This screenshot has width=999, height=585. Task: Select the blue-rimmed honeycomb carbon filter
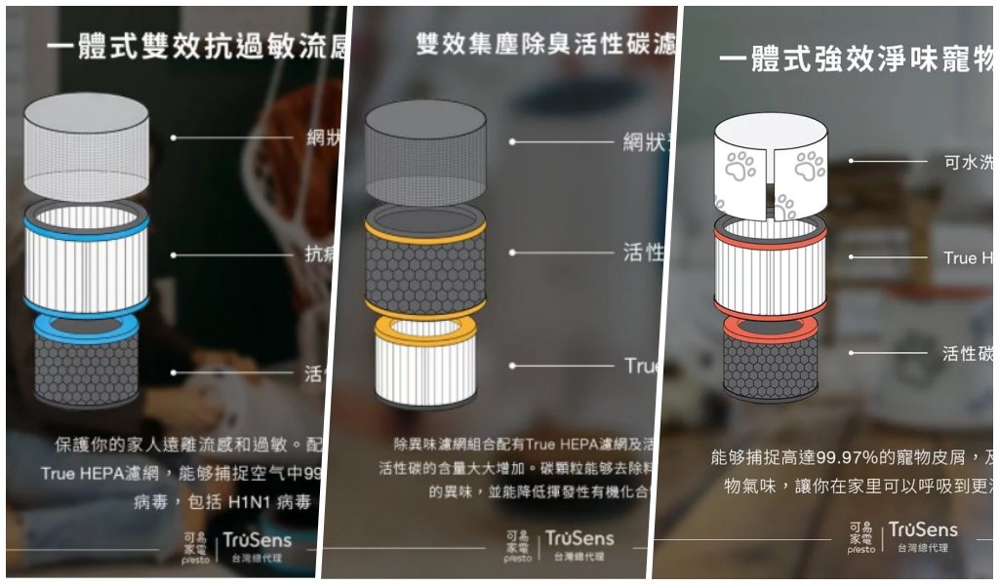[86, 366]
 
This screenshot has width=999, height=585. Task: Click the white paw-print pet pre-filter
[770, 166]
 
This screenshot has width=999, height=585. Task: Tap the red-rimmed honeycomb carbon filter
[770, 361]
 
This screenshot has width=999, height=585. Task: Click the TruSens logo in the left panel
[257, 540]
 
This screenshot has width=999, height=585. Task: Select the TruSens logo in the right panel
[923, 530]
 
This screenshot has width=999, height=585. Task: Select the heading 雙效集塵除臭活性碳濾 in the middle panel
[544, 45]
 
